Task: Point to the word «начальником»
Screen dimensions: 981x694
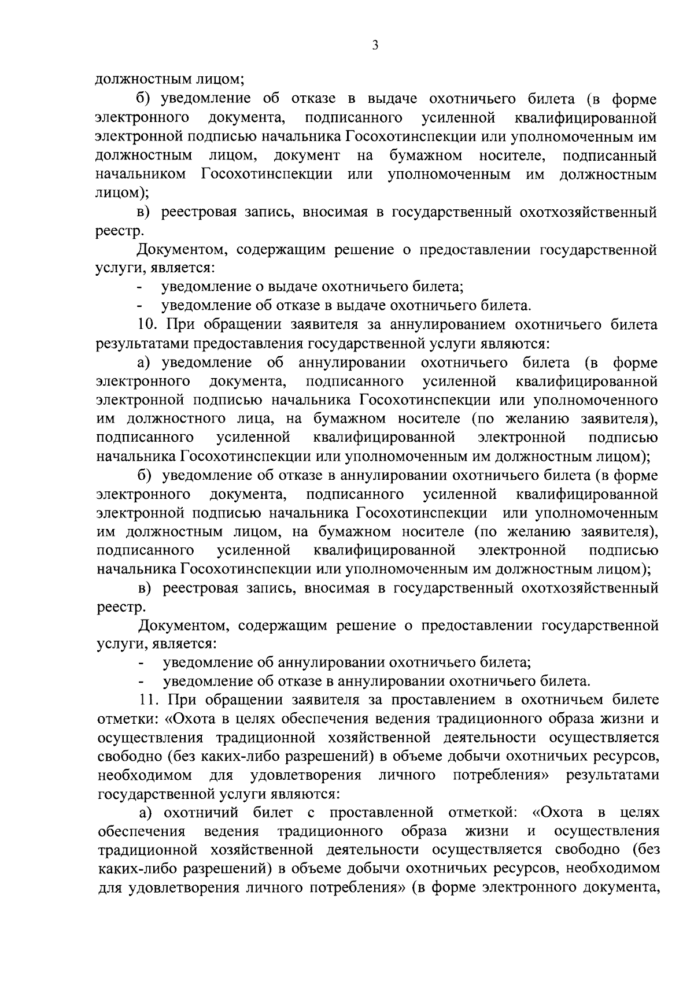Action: [x=141, y=174]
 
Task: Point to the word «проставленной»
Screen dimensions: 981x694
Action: [x=382, y=813]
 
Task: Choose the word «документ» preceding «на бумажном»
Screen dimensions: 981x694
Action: [x=307, y=156]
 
